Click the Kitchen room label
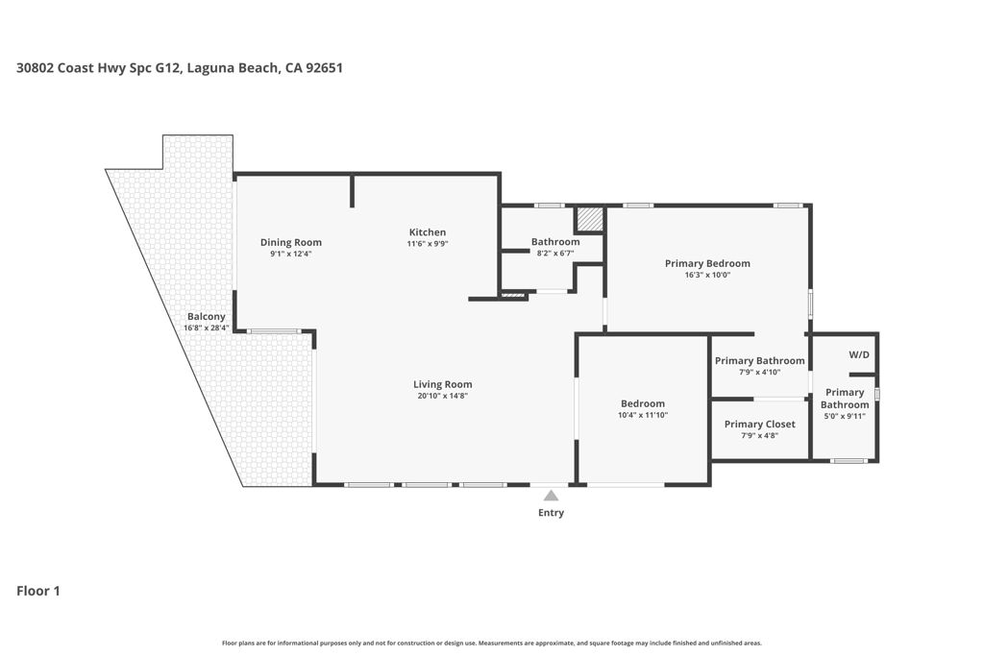[x=428, y=232]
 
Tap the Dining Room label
[x=291, y=242]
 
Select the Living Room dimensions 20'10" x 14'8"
[x=443, y=396]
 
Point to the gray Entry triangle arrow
[x=551, y=496]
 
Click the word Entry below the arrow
[x=551, y=512]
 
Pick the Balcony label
[x=207, y=317]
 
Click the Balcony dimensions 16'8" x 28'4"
[x=207, y=328]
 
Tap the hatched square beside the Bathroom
[x=590, y=219]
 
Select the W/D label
[x=860, y=355]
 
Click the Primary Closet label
[x=760, y=424]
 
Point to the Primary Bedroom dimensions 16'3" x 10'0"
[x=708, y=275]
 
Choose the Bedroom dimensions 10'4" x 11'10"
[x=643, y=415]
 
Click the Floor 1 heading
[x=38, y=591]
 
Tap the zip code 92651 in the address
[x=325, y=68]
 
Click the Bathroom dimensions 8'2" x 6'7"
[x=556, y=254]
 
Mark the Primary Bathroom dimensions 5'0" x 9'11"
[x=845, y=415]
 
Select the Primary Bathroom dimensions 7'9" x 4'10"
[x=760, y=372]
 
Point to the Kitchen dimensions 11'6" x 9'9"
[x=428, y=243]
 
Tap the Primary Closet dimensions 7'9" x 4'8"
[x=760, y=435]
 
